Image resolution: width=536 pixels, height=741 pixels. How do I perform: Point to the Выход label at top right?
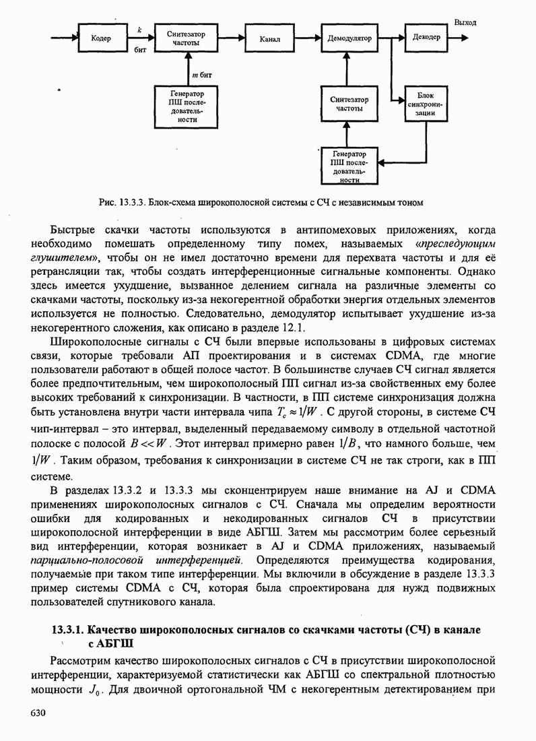click(465, 22)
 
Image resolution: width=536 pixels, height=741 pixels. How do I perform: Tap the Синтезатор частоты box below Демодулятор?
click(349, 104)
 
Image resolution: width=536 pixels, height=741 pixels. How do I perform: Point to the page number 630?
click(37, 712)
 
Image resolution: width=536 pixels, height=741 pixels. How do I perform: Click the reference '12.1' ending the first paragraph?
click(296, 327)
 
